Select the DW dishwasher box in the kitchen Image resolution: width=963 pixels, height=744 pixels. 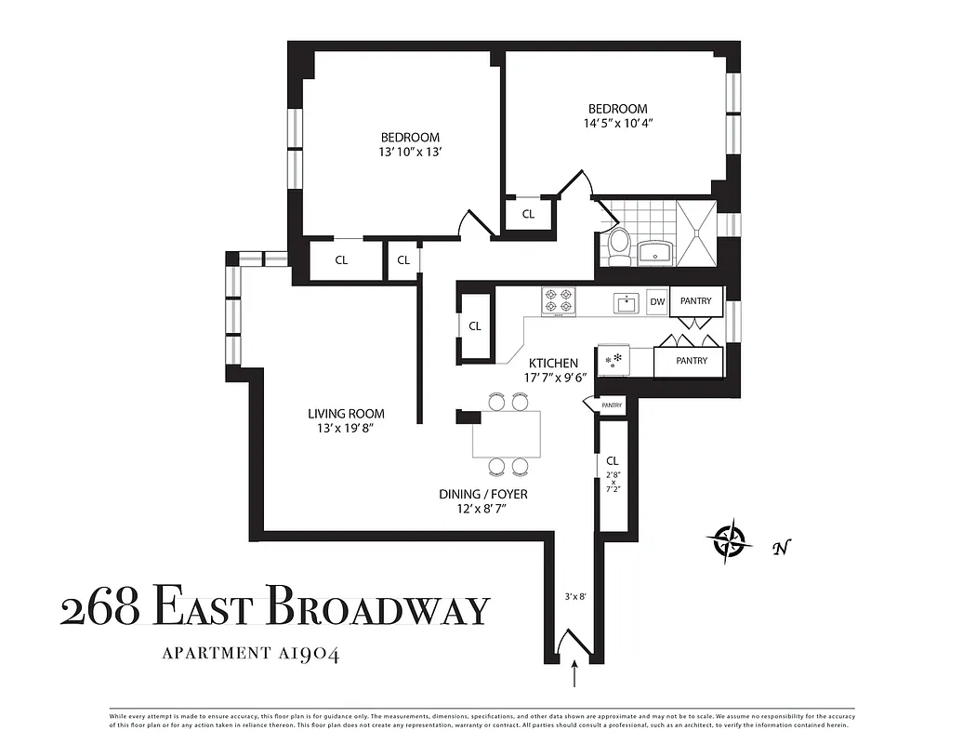[x=657, y=301]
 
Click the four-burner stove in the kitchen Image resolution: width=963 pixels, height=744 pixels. [x=558, y=300]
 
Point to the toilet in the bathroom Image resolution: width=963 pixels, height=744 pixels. [x=618, y=246]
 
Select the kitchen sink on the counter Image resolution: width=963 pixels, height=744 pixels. [x=626, y=301]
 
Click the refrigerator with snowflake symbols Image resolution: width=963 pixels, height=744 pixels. [x=614, y=360]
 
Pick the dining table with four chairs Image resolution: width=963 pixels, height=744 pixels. [x=507, y=433]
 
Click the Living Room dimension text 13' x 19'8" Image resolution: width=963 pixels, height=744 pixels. [x=346, y=429]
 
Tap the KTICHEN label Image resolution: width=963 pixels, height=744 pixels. [x=553, y=363]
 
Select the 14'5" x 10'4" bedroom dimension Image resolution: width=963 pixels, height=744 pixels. [x=617, y=123]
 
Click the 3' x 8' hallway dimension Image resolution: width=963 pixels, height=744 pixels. [x=577, y=597]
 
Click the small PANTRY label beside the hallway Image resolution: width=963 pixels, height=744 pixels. [x=612, y=405]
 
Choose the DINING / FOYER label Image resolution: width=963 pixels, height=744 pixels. [x=483, y=494]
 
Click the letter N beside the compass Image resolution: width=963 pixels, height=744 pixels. [x=781, y=548]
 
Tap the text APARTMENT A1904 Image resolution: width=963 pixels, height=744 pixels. [x=251, y=653]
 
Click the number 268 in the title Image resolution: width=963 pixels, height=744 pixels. [x=99, y=609]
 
